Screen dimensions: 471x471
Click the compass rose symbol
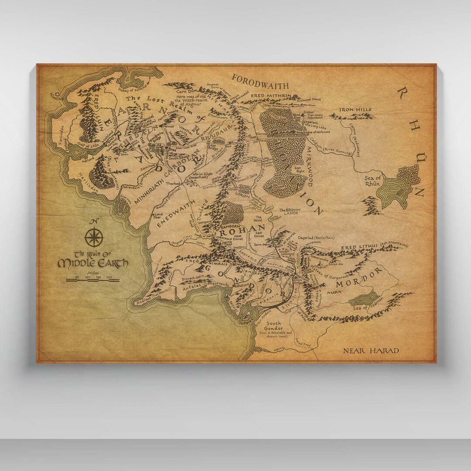(93, 237)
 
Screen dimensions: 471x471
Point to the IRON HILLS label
(356, 109)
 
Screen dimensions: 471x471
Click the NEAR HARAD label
(371, 351)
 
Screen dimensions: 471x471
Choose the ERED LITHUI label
(359, 247)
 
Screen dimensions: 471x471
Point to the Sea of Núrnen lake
(365, 299)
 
